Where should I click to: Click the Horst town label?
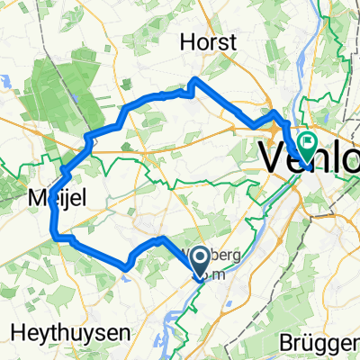tap(208, 42)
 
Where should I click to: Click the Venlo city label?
tap(310, 158)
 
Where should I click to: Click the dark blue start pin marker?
tap(202, 262)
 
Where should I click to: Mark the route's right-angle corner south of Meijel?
tap(59, 238)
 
